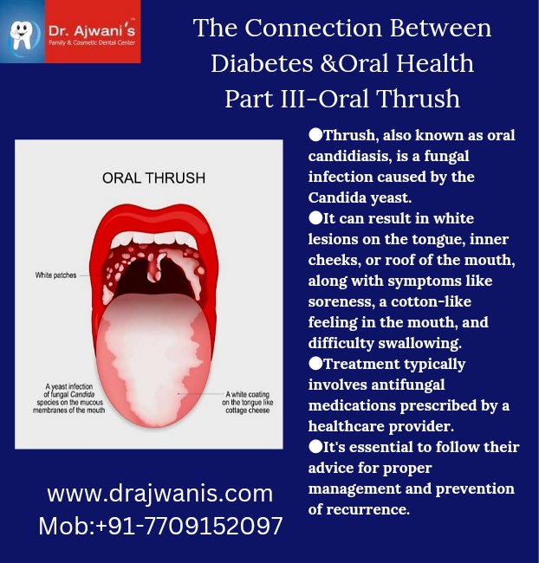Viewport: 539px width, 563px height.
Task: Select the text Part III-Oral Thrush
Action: pos(342,98)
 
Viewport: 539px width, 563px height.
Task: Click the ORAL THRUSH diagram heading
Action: pos(153,178)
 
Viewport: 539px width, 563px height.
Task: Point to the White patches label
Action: pos(55,275)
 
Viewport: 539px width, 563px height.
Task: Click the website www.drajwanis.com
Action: pos(159,494)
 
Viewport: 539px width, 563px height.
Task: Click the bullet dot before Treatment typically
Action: pos(315,364)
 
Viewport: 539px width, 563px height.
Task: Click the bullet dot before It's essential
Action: pos(315,447)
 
